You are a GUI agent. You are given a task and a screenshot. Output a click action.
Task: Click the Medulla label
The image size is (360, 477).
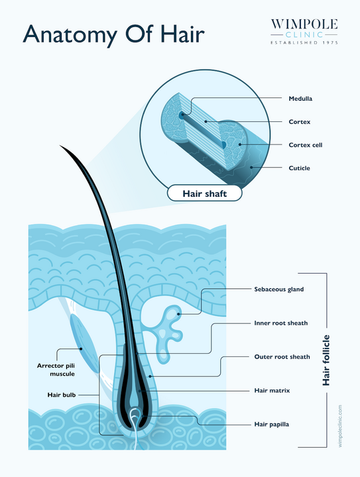[300, 99]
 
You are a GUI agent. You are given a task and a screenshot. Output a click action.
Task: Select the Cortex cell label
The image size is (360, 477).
[305, 145]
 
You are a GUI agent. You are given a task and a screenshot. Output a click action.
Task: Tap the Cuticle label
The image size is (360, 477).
[299, 168]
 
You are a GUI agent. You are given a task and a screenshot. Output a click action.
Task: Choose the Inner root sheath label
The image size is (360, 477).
[281, 323]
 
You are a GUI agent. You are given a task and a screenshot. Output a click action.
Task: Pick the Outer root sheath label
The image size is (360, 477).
[282, 357]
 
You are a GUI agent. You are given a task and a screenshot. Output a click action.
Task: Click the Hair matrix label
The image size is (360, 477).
[272, 390]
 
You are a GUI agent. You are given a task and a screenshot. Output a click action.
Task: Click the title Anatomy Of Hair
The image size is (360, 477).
[113, 34]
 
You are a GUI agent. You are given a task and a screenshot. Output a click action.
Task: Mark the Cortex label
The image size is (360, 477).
[299, 122]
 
